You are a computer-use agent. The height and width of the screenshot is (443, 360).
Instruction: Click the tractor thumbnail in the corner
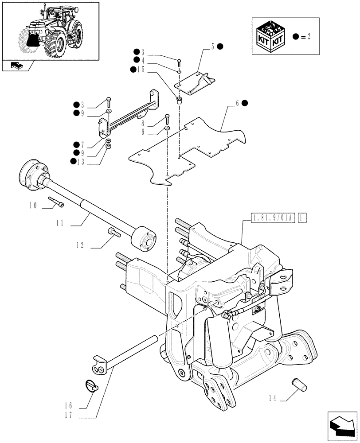click(50, 31)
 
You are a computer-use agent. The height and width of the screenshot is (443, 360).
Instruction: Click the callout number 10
click(33, 206)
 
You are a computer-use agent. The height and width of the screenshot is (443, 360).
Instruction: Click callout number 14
click(272, 399)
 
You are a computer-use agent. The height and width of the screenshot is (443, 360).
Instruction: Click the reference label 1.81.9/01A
click(273, 218)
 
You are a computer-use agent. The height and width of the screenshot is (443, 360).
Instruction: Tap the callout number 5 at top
click(212, 46)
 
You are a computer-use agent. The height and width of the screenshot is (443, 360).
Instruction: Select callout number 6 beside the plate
click(238, 103)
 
